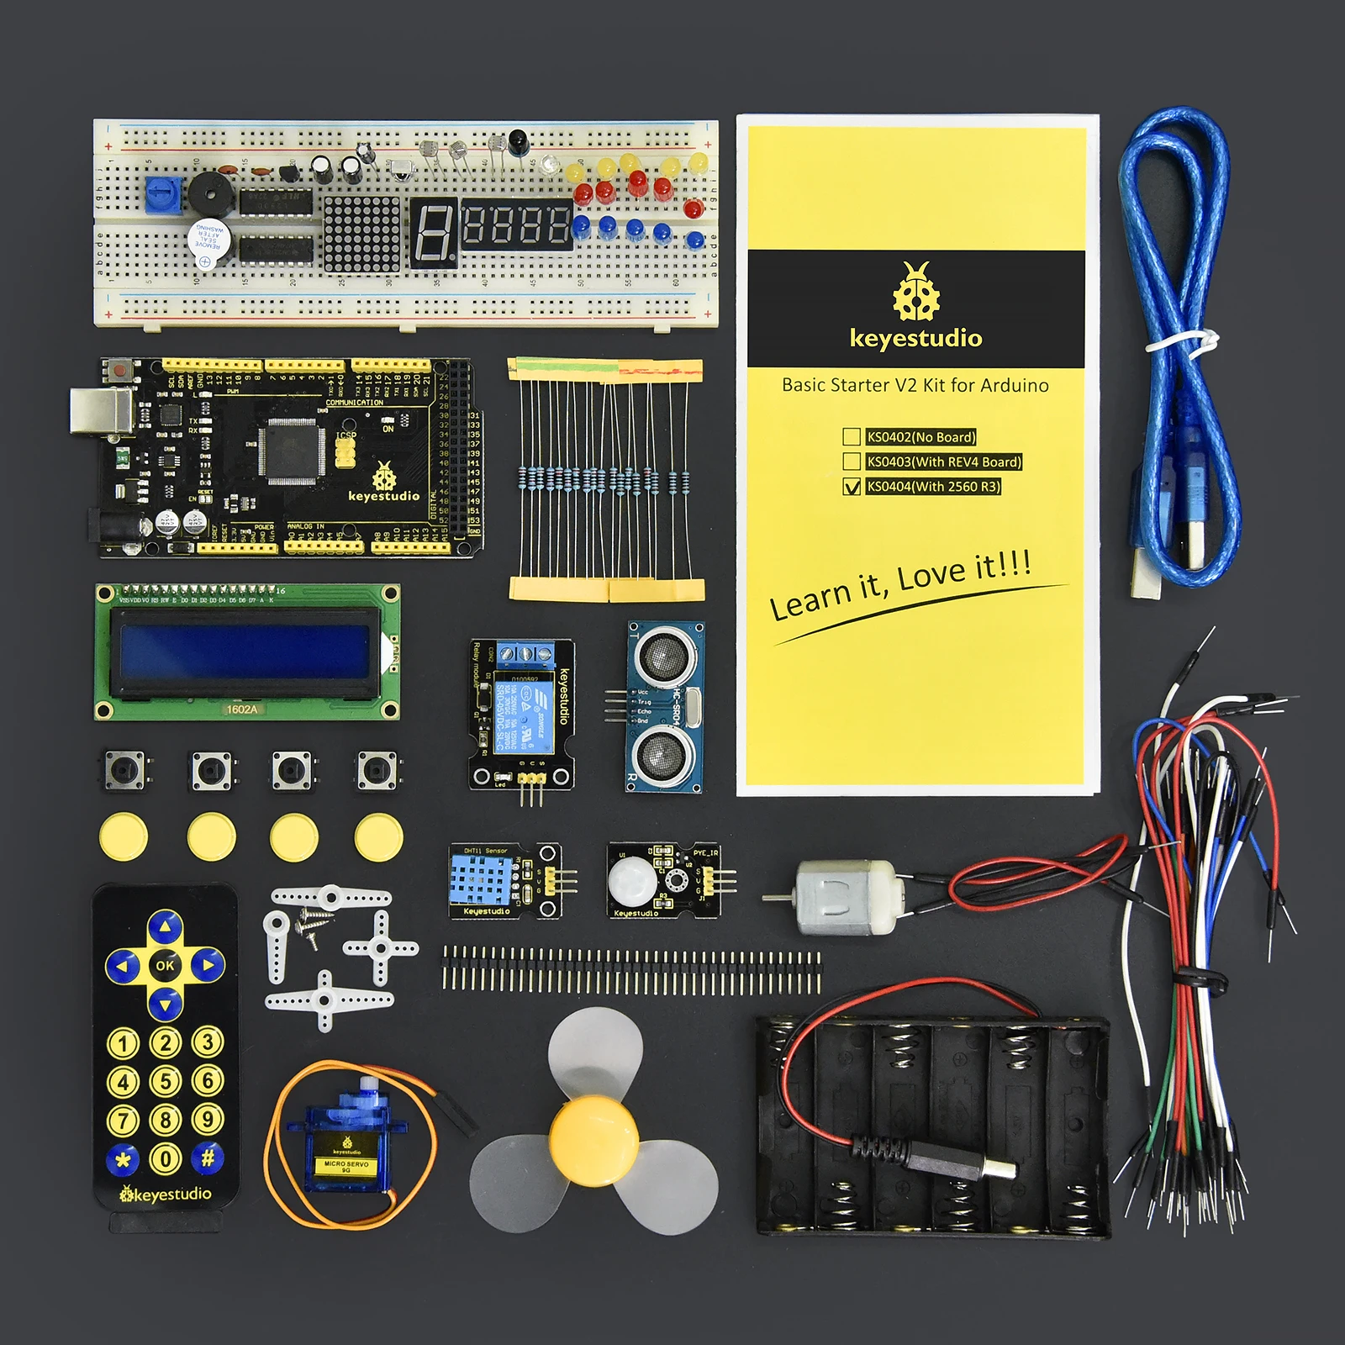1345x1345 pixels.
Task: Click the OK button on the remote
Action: click(x=165, y=965)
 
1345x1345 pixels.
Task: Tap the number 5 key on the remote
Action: click(x=165, y=1081)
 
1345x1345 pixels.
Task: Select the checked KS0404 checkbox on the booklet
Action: click(x=852, y=487)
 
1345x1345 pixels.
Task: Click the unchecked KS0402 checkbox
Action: click(x=852, y=437)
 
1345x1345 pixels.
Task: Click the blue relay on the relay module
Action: click(x=524, y=710)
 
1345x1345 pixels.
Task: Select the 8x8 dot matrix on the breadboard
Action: click(x=362, y=234)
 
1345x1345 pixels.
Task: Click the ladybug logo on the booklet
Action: click(x=916, y=292)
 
